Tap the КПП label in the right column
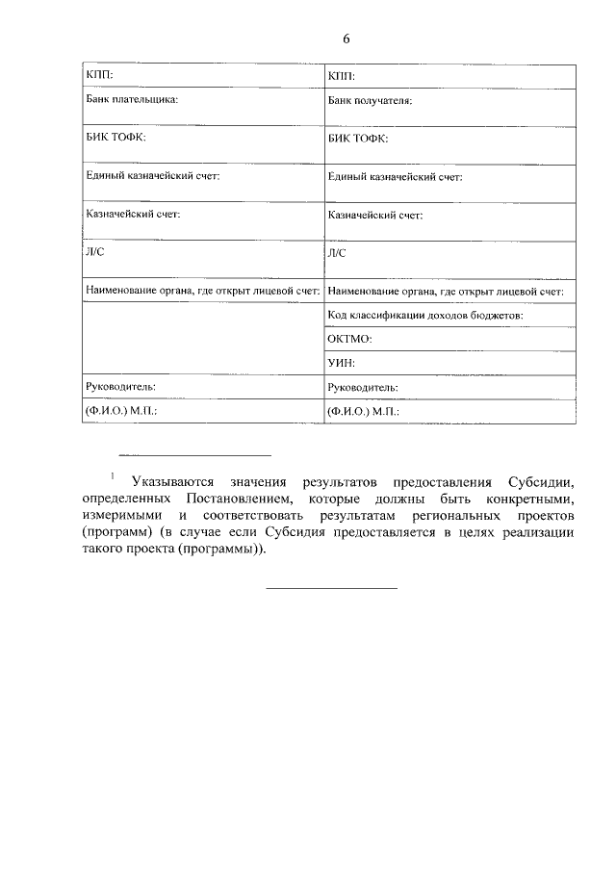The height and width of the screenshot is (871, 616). [342, 75]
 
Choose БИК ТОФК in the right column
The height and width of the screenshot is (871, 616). [358, 139]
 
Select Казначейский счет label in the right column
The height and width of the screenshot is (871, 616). [374, 215]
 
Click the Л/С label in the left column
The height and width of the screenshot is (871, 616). [95, 252]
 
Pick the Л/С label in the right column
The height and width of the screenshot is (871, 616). [337, 253]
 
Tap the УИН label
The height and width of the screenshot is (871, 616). [342, 363]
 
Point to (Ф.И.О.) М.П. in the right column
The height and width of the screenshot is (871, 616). [363, 411]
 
